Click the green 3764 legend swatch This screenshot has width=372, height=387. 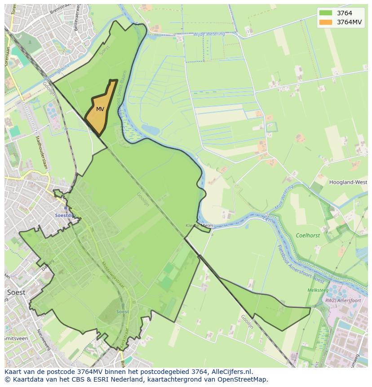(x=326, y=13)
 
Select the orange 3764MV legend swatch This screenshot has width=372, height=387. (x=326, y=22)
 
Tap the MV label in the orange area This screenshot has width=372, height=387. (x=100, y=109)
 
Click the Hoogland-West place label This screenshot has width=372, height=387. (x=348, y=182)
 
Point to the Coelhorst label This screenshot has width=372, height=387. (x=308, y=236)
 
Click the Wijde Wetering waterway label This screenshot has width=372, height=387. (x=209, y=34)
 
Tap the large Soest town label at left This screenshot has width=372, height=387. (x=16, y=292)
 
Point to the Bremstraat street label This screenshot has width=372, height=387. (x=59, y=8)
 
